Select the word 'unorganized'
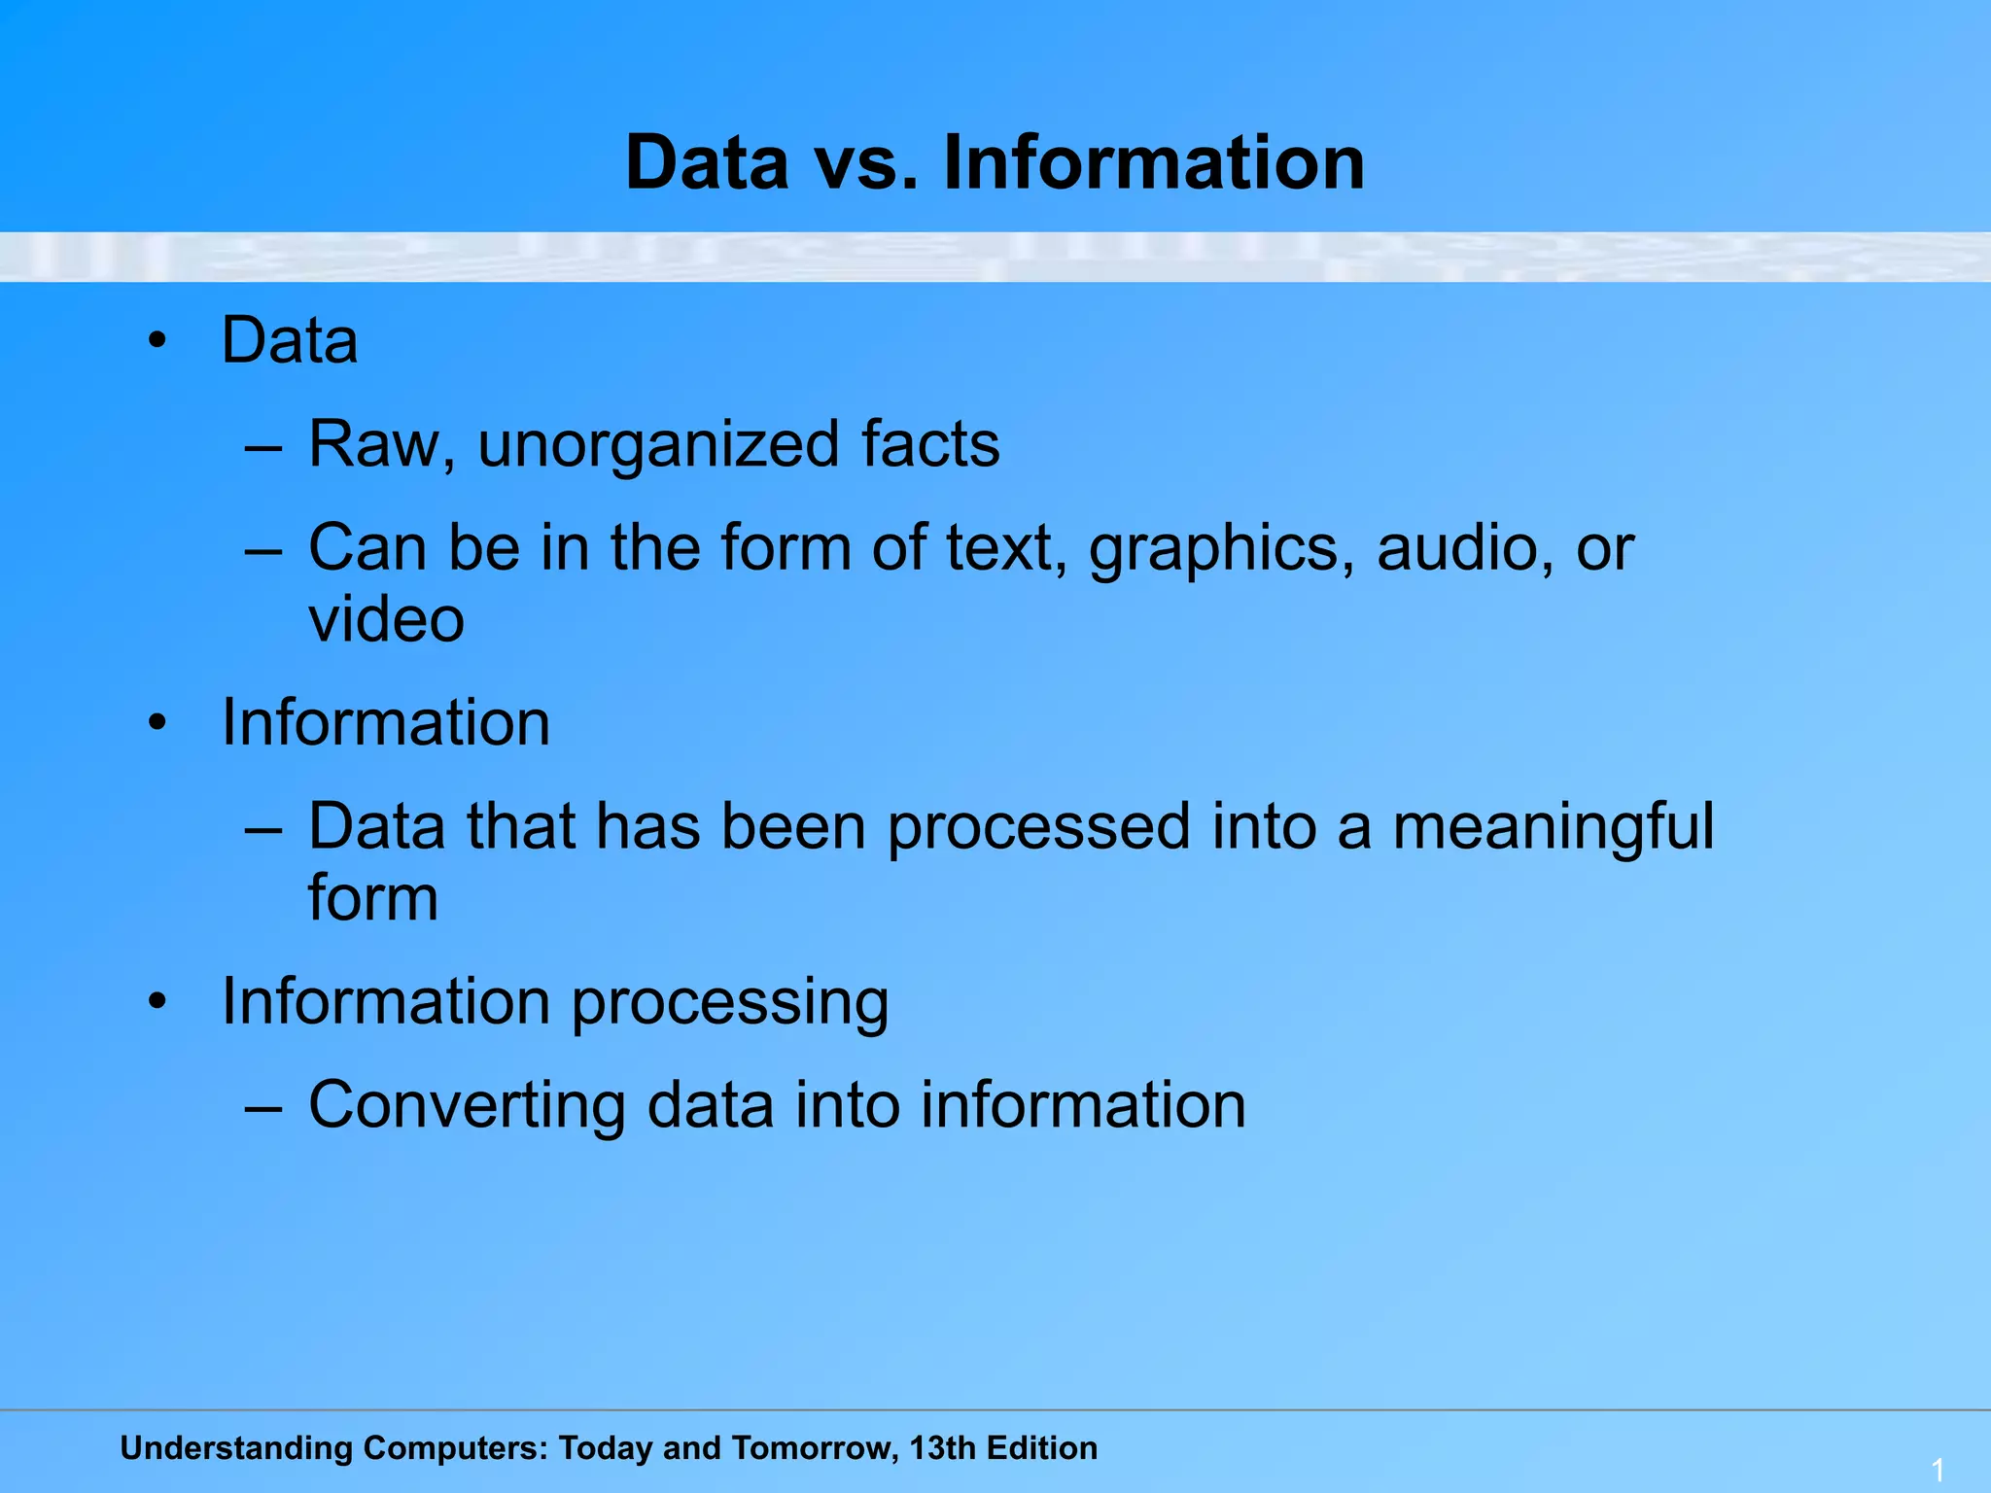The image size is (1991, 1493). coord(657,445)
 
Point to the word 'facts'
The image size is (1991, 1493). coord(930,445)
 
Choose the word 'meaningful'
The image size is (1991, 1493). coord(1554,828)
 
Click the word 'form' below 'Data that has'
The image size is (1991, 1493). coord(373,898)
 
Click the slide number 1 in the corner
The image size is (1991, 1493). coord(1938,1470)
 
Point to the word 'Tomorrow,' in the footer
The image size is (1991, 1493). coord(815,1448)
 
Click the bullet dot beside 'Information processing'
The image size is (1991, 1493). coord(157,1001)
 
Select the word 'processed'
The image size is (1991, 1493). coord(1038,828)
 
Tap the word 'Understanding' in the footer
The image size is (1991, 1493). coord(236,1448)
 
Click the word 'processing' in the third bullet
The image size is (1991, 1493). coord(729,1003)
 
